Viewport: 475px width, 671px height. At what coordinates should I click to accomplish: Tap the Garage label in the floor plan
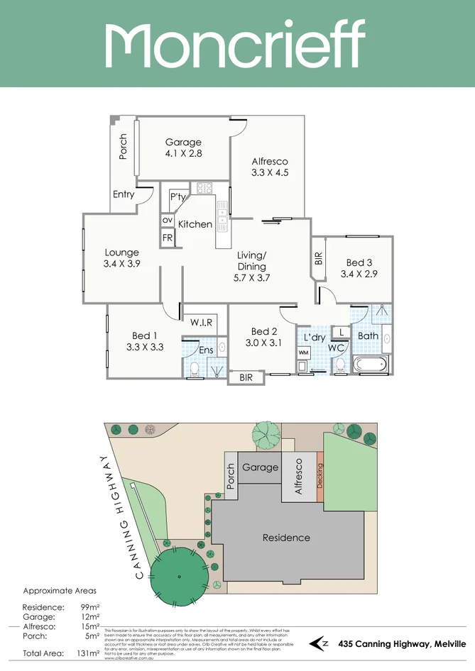coord(183,142)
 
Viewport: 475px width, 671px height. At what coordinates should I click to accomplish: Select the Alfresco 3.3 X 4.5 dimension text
coord(269,172)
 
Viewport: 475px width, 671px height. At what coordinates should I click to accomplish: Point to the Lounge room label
coord(122,253)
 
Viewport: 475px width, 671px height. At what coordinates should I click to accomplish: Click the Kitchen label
coord(195,224)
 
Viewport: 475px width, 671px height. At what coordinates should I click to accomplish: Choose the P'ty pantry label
coord(178,197)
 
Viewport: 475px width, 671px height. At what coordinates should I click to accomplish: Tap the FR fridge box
coord(168,238)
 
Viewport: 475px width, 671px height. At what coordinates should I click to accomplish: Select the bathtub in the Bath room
coord(371,365)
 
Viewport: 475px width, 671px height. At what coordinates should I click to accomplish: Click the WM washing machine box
coord(303,353)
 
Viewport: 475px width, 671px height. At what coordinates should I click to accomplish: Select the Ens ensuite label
coord(206,350)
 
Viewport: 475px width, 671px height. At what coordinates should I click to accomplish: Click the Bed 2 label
coord(263,331)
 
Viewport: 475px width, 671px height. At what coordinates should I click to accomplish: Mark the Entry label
coord(124,194)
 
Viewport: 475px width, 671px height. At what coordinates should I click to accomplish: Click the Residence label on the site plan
coord(286,538)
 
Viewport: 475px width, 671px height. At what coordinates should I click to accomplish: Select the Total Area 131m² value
coord(89,653)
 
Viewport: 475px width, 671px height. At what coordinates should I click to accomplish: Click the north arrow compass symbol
coord(320,643)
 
